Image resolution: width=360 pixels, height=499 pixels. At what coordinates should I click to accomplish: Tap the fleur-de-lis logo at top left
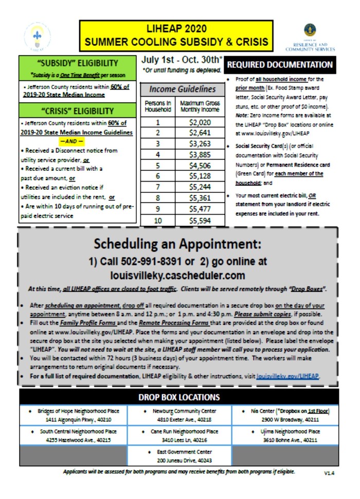click(x=37, y=36)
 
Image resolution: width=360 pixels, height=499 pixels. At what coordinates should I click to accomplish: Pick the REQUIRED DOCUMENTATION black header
click(x=280, y=65)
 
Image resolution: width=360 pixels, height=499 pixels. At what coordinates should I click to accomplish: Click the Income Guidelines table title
click(x=183, y=89)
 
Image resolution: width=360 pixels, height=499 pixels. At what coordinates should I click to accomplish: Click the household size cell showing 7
click(x=158, y=187)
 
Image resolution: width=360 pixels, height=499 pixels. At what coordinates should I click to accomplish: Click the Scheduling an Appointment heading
click(x=177, y=243)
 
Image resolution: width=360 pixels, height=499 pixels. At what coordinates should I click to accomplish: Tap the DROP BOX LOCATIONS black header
click(x=179, y=397)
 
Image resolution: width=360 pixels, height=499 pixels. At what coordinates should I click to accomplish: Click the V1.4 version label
click(x=329, y=472)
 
